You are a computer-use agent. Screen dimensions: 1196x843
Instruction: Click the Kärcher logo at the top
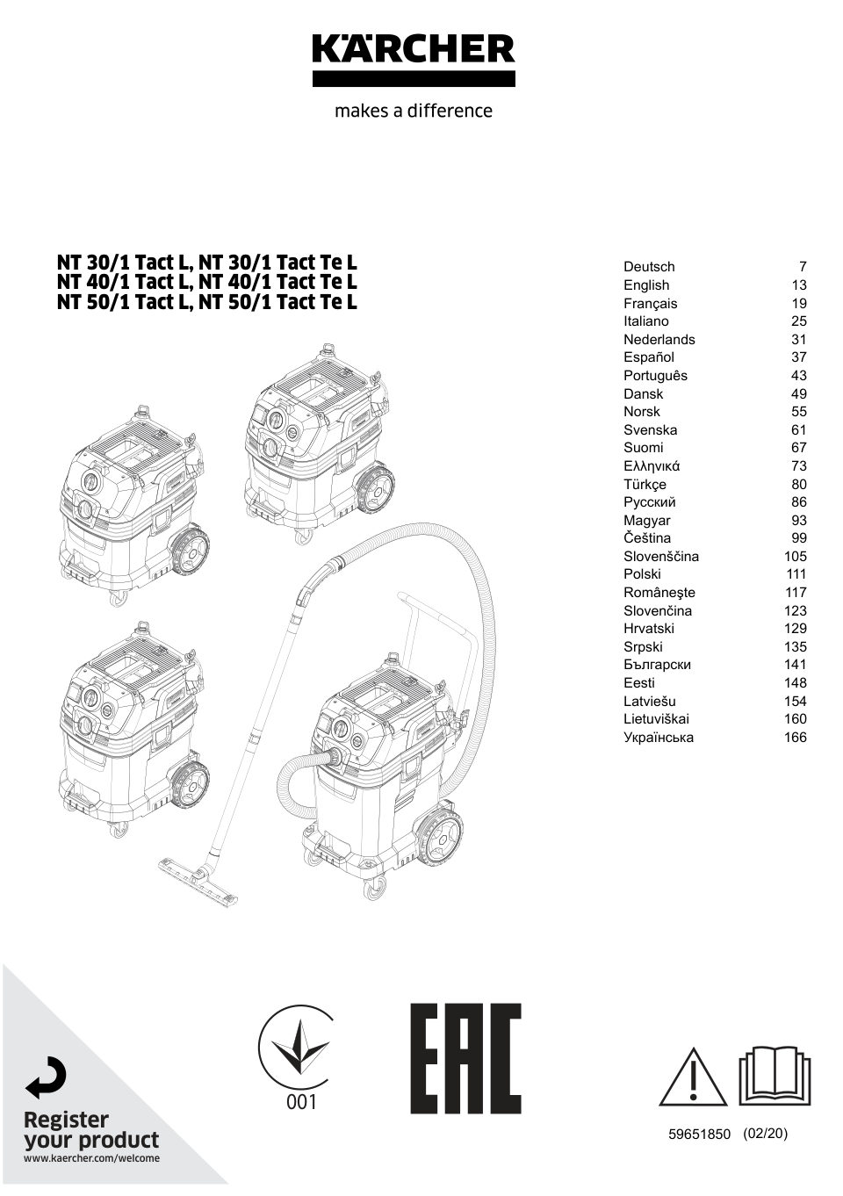(414, 59)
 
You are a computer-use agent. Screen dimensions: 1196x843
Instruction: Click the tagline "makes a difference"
(414, 112)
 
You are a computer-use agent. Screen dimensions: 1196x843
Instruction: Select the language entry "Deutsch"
(649, 267)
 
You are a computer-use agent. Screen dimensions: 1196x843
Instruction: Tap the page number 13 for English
(798, 285)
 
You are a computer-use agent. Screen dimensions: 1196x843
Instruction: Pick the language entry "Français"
(650, 304)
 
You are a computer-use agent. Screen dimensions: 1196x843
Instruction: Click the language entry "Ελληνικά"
(652, 466)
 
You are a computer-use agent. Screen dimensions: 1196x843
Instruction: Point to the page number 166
(795, 738)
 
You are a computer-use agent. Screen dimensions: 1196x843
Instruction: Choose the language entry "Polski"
(642, 574)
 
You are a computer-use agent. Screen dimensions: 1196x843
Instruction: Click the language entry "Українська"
(659, 738)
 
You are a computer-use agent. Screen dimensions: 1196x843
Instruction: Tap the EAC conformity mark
(466, 1058)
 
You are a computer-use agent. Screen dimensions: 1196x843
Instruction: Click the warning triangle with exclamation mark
(693, 1077)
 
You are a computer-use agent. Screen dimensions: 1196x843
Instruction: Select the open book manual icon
(774, 1076)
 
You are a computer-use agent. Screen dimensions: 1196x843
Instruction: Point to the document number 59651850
(699, 1134)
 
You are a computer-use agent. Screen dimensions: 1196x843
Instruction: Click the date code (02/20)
(765, 1134)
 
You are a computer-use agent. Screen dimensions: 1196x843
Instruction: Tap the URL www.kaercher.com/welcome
(91, 1158)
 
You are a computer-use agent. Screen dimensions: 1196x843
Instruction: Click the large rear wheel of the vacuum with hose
(437, 840)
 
